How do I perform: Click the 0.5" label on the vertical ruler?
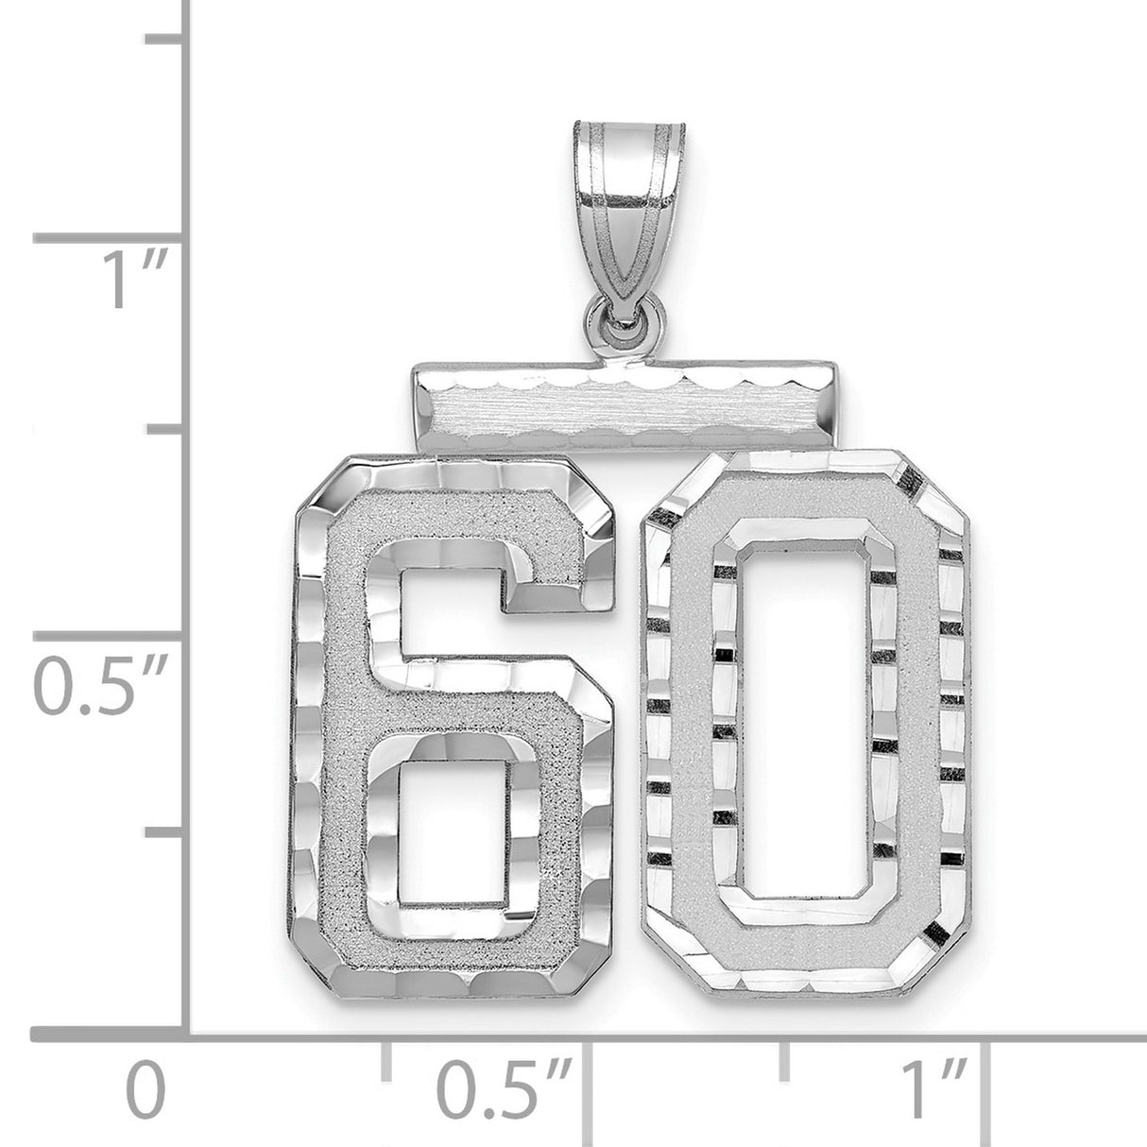coord(94,678)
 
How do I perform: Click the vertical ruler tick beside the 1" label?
coord(113,236)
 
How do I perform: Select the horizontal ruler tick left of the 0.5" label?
coord(385,1063)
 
